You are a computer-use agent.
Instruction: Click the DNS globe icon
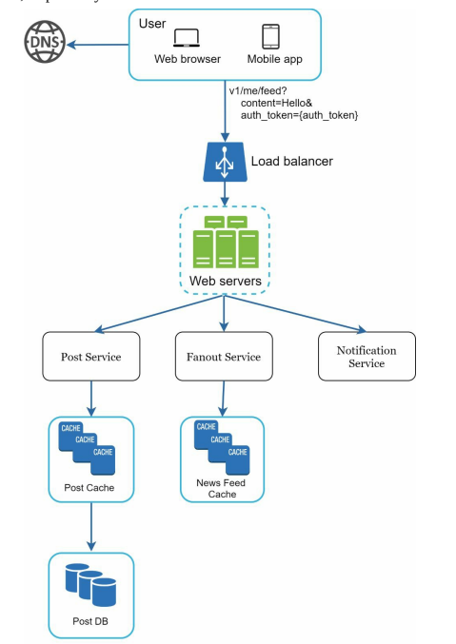pyautogui.click(x=37, y=45)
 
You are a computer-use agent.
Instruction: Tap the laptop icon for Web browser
pyautogui.click(x=187, y=37)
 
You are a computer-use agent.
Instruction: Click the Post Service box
pyautogui.click(x=90, y=357)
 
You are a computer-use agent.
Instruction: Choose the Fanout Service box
pyautogui.click(x=225, y=357)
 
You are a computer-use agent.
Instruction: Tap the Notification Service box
pyautogui.click(x=366, y=357)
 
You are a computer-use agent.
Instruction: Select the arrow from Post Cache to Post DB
pyautogui.click(x=90, y=527)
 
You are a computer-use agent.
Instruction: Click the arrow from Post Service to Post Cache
pyautogui.click(x=90, y=398)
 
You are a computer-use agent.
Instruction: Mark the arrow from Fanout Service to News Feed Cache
pyautogui.click(x=225, y=398)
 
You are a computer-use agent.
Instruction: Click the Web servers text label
pyautogui.click(x=225, y=283)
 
